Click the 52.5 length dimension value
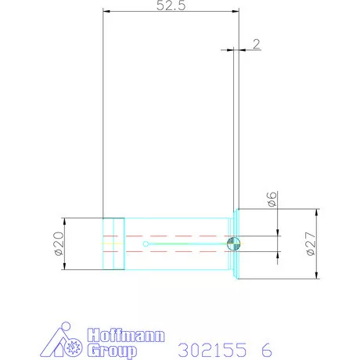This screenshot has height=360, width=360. coord(171,5)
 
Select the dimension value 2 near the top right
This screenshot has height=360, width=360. coord(256,44)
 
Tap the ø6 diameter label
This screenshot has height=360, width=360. coord(271,200)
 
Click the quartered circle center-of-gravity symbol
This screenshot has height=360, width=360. coord(232,244)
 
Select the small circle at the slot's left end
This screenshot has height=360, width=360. coord(146,244)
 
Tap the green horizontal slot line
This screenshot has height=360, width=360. coord(188,244)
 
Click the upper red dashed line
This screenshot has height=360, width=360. coord(172,235)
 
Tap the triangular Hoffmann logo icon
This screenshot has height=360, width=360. coord(63,341)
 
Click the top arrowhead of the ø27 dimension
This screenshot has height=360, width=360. coord(316,212)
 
